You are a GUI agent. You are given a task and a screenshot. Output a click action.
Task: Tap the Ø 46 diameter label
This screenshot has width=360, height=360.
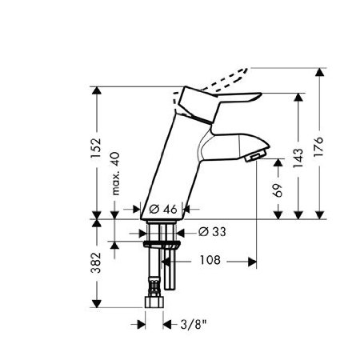pos(164,209)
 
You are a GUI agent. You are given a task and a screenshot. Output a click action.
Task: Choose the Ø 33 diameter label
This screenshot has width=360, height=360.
pos(208,232)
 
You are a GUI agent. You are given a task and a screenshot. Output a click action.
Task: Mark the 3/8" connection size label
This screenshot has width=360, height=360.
pos(192,324)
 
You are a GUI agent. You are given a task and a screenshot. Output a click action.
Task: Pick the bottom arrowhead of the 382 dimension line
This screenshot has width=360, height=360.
pos(95,307)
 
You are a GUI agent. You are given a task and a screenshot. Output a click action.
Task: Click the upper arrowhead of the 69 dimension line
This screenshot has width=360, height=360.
pos(278,161)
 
